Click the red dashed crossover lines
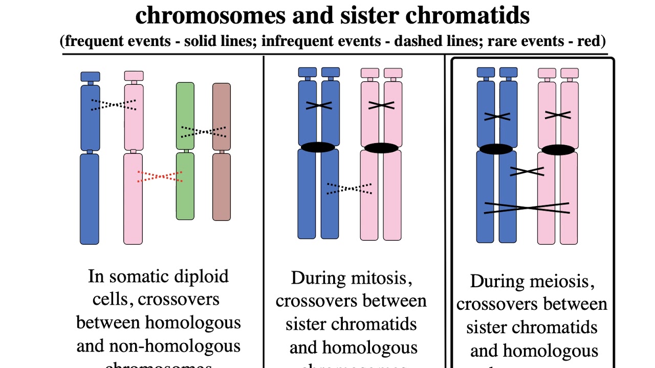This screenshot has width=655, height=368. click(160, 176)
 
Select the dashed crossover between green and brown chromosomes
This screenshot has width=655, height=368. click(204, 132)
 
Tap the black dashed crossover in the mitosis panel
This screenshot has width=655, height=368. click(350, 189)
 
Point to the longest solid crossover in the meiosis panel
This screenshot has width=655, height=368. click(527, 208)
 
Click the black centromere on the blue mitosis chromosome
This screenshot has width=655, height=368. click(318, 147)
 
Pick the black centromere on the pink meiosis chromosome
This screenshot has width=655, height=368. click(558, 150)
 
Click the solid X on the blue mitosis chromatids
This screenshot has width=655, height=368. click(319, 105)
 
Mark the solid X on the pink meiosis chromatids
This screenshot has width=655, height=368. click(558, 115)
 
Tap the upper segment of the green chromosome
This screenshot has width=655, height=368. click(185, 116)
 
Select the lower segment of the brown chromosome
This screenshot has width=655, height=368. click(222, 187)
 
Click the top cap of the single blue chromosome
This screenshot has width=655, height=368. click(91, 77)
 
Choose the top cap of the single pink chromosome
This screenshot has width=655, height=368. click(134, 76)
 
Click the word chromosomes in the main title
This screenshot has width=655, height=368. click(210, 15)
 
